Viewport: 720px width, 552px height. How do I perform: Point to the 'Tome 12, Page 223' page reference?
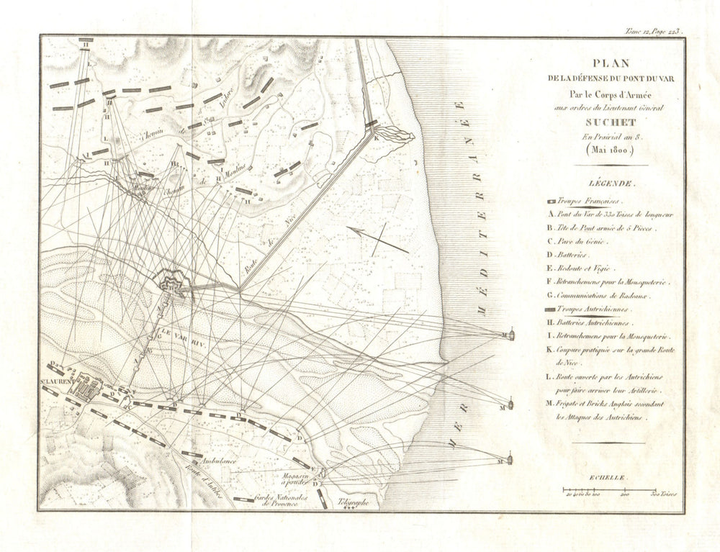tap(652, 31)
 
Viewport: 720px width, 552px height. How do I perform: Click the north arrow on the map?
tap(379, 238)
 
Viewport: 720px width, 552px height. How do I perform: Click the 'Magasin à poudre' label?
tap(297, 480)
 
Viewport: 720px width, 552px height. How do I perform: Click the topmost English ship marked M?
tap(510, 334)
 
